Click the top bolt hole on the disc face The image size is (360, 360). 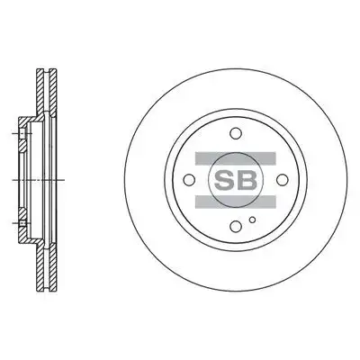coord(236,133)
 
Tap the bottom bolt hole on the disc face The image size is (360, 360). coord(236,226)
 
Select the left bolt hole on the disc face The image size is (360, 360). coord(189,180)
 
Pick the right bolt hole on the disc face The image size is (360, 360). coord(283,180)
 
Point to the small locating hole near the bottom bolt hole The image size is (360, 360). coord(253,220)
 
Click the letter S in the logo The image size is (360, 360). coord(224,180)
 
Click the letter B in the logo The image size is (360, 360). coord(247,180)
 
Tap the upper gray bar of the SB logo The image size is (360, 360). coord(236,158)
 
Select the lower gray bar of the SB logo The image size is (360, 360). coord(236,202)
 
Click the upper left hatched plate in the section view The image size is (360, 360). coord(40,92)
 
